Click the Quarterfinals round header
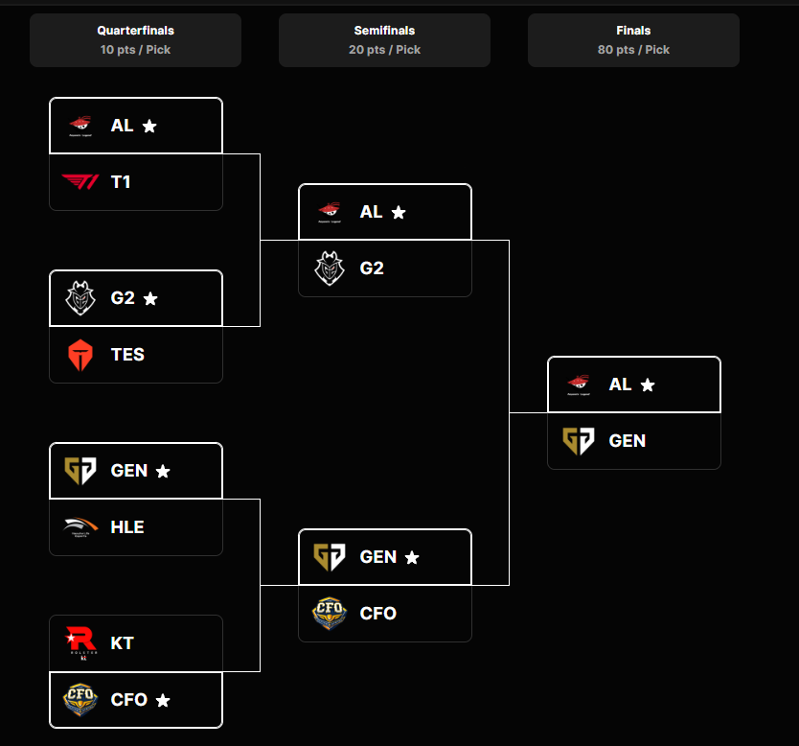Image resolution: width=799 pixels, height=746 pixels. [135, 39]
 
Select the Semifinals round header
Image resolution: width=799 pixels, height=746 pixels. [384, 39]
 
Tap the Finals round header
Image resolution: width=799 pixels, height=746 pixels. [633, 39]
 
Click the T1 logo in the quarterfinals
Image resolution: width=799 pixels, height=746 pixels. [80, 181]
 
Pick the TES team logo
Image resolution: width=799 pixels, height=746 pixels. [80, 355]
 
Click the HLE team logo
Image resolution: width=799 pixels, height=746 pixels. [80, 526]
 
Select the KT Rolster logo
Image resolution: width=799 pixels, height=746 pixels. [80, 642]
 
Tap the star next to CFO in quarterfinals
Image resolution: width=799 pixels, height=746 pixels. [163, 701]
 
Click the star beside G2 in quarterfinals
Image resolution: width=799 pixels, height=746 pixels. [150, 298]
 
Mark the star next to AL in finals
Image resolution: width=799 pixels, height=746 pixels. [648, 385]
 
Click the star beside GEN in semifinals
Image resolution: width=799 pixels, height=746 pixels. [412, 557]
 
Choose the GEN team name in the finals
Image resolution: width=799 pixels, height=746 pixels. [628, 441]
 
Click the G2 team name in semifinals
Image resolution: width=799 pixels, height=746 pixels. [372, 268]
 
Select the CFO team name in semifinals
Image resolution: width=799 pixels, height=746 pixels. [378, 614]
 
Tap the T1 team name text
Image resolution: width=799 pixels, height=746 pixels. [121, 182]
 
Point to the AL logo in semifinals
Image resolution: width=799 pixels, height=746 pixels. [329, 212]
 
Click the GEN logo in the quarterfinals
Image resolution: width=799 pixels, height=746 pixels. [80, 470]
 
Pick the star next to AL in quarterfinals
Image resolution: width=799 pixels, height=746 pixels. [149, 126]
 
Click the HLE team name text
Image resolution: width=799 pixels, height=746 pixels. [127, 527]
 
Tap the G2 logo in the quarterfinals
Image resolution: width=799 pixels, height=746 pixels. [80, 298]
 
